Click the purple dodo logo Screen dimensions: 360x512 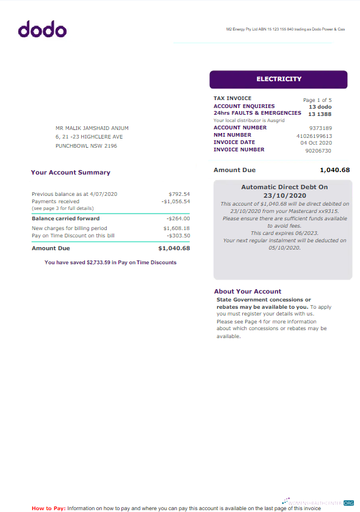[x=42, y=29]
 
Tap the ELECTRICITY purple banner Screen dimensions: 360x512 [x=278, y=79]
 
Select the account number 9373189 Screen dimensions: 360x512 [x=320, y=128]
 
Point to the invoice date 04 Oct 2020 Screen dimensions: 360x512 [x=316, y=143]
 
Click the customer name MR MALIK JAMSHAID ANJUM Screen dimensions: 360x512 [x=92, y=128]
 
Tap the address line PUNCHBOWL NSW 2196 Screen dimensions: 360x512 [x=86, y=146]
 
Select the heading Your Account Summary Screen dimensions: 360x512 [x=70, y=173]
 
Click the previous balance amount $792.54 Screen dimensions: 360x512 [x=179, y=194]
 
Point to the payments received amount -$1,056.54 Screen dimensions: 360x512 [x=176, y=201]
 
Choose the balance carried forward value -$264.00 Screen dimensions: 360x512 [x=178, y=218]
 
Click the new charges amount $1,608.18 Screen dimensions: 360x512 [x=176, y=228]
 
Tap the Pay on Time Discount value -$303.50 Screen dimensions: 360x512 [x=178, y=235]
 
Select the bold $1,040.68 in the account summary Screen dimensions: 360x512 [x=174, y=248]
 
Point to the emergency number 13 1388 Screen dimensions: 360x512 [x=320, y=114]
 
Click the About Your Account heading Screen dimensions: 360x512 [x=247, y=291]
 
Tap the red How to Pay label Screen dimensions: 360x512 [x=48, y=508]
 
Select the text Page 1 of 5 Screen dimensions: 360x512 [x=317, y=99]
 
